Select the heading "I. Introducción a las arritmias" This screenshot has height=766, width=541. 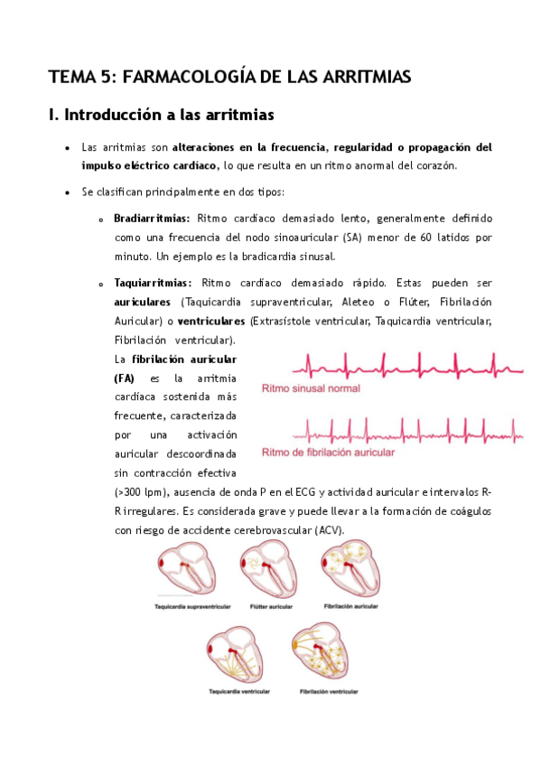click(x=161, y=116)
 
